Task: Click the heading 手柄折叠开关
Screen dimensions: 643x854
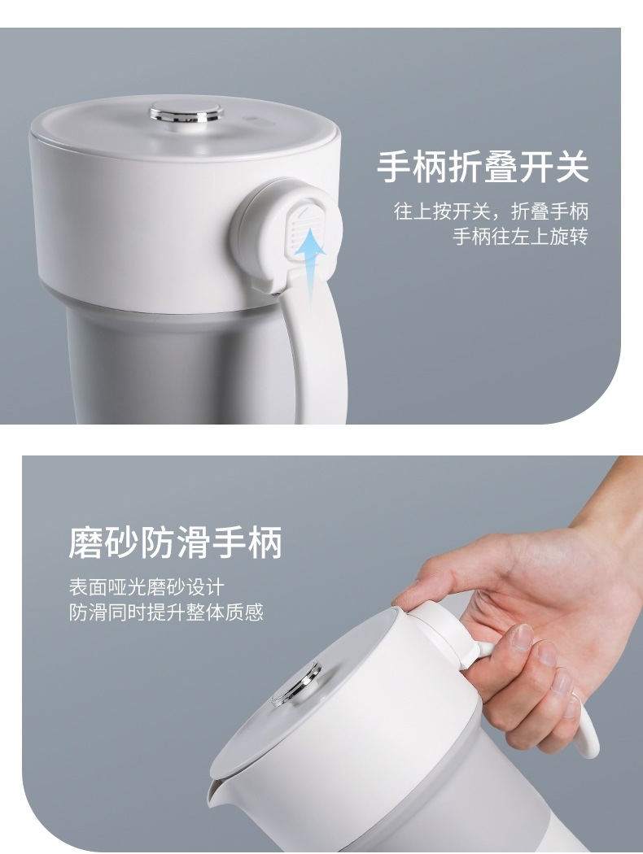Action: click(x=483, y=166)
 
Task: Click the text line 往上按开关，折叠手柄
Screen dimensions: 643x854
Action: click(x=491, y=211)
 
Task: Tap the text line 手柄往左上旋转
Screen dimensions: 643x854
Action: click(x=520, y=237)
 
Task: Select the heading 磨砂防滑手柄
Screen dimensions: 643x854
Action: click(x=176, y=542)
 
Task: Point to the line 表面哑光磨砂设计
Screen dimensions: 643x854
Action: click(x=147, y=587)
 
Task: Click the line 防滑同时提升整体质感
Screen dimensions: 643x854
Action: click(x=166, y=612)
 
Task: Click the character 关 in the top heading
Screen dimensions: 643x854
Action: click(x=571, y=166)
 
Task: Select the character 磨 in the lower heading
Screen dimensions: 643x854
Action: click(x=86, y=542)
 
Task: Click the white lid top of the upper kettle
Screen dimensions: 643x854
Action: click(x=186, y=123)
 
